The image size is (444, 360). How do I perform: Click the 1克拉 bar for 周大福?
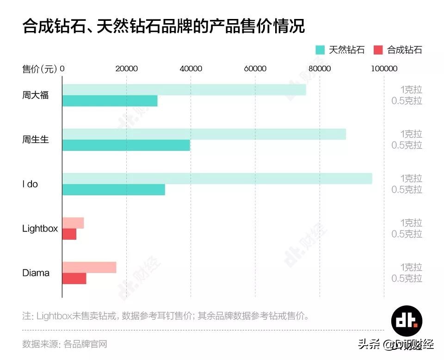[x=184, y=90]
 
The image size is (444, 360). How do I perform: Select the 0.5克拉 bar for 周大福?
[x=110, y=101]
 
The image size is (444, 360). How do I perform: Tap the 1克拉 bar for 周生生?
[x=204, y=134]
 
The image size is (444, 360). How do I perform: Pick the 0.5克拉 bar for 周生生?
[x=126, y=145]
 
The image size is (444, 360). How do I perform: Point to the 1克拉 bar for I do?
[x=217, y=179]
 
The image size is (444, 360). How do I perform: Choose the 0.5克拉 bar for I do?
[x=114, y=190]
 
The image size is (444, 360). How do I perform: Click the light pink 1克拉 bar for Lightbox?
[x=73, y=223]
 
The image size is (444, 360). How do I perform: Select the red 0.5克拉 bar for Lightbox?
[x=69, y=234]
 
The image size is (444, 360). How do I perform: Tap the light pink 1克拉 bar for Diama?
[x=89, y=267]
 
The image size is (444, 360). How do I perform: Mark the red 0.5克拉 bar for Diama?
[x=74, y=279]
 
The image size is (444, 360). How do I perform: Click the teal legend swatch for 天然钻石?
[x=320, y=50]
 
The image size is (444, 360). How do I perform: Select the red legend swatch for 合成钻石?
[x=378, y=50]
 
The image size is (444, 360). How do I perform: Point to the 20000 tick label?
[x=126, y=69]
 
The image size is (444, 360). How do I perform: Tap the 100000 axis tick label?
[x=384, y=69]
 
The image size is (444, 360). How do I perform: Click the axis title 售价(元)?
[x=40, y=69]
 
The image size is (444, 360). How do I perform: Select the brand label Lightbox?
[x=40, y=229]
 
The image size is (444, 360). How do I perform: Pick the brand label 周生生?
[x=36, y=140]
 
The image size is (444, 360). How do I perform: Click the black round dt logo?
[x=407, y=320]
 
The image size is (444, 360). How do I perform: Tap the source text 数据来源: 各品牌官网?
[x=65, y=344]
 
